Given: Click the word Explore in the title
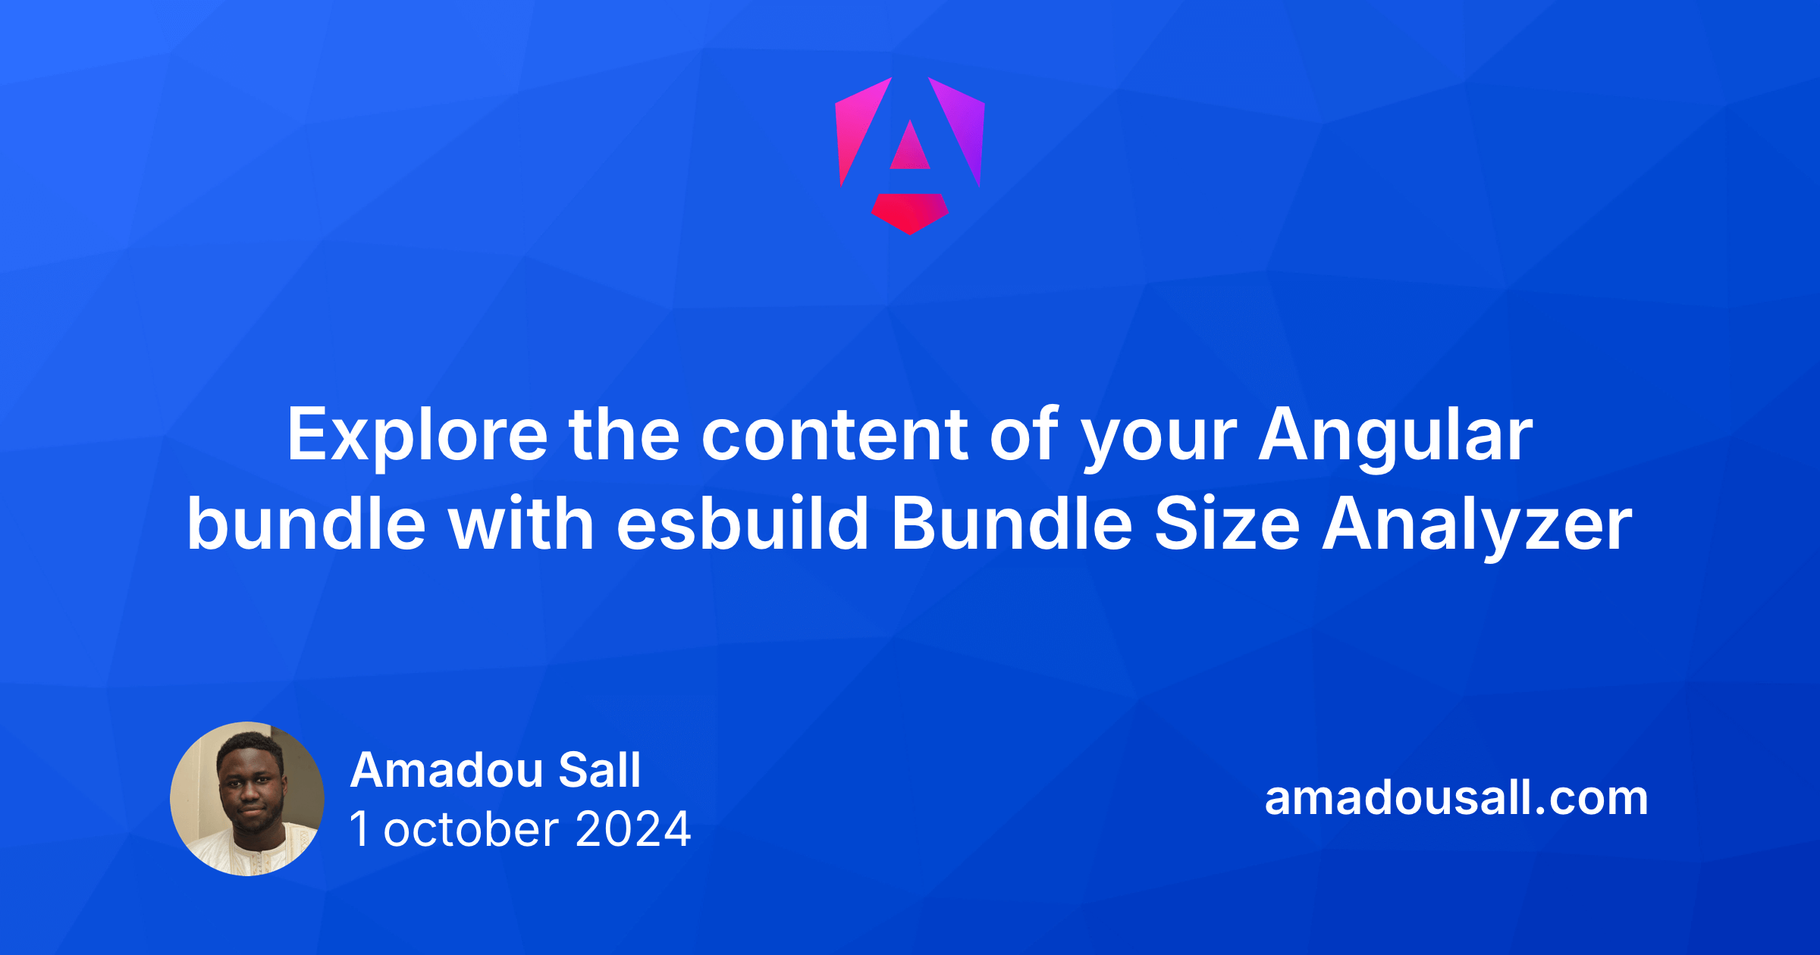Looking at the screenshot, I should tap(416, 435).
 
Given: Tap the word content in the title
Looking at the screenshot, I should tap(835, 435).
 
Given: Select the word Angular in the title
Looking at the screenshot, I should tap(1395, 435).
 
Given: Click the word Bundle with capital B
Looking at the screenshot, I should tap(1012, 524).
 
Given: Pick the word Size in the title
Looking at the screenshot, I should tap(1227, 524).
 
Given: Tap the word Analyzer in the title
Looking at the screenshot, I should tap(1476, 524).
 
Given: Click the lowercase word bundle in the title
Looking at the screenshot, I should tap(306, 524).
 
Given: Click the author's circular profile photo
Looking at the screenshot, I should tap(247, 799).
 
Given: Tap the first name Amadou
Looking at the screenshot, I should tap(447, 770).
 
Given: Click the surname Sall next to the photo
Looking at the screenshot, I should tap(600, 770).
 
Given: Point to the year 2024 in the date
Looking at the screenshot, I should tap(633, 829).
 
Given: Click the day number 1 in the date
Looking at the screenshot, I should tap(359, 829).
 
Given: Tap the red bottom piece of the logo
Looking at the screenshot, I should tap(910, 212).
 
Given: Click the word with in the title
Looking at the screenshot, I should tap(522, 524).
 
